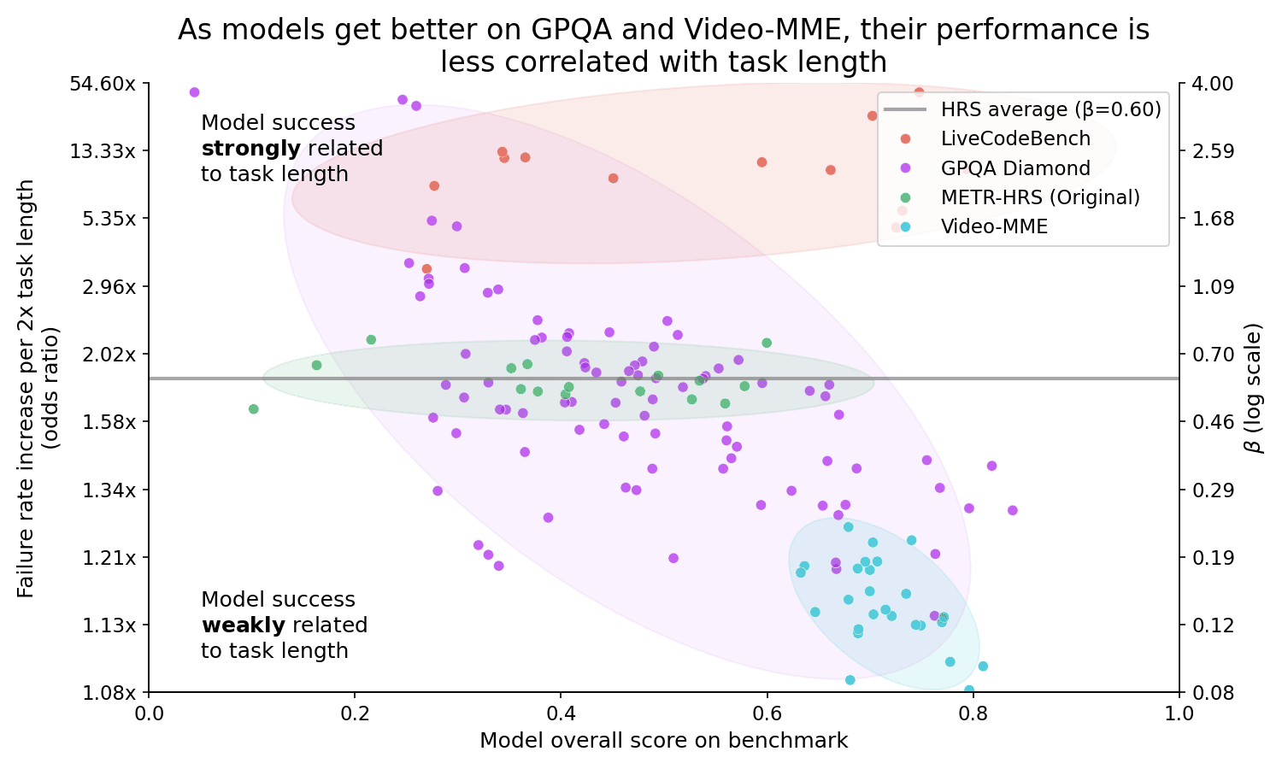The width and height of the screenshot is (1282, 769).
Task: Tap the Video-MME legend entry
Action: click(994, 226)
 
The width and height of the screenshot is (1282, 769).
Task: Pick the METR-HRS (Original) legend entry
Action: click(1040, 197)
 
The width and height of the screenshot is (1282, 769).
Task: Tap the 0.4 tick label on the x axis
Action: click(561, 713)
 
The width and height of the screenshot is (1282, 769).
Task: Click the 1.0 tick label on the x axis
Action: click(1179, 713)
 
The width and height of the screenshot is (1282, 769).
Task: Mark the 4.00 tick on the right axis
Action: click(1207, 84)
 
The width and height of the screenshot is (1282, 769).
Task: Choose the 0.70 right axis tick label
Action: click(1207, 354)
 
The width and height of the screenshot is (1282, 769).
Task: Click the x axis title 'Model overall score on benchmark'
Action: click(664, 741)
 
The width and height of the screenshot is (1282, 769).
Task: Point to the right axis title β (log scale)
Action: click(1254, 387)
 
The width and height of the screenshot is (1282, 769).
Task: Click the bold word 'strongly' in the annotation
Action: click(251, 149)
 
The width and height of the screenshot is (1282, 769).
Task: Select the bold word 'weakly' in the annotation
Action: click(242, 625)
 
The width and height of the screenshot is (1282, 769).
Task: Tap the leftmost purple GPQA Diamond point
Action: click(194, 92)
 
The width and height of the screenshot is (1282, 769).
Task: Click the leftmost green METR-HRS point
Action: click(253, 409)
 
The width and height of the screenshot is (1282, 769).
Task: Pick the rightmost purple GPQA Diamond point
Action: click(1012, 510)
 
